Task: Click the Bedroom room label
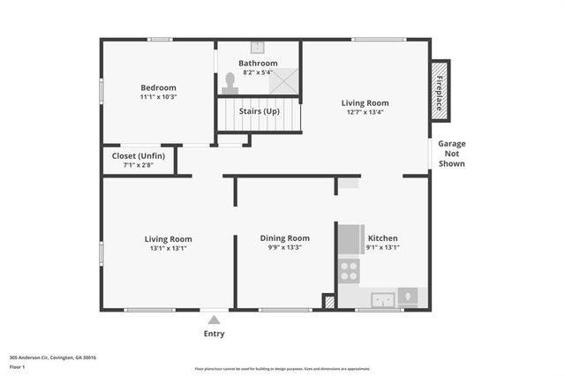pyautogui.click(x=159, y=87)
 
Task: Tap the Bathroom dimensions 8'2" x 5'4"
pyautogui.click(x=258, y=73)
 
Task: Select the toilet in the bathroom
pyautogui.click(x=230, y=82)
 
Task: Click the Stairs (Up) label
pyautogui.click(x=259, y=111)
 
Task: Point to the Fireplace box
pyautogui.click(x=439, y=90)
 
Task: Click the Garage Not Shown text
pyautogui.click(x=451, y=154)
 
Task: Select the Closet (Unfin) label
pyautogui.click(x=138, y=155)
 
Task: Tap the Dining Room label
pyautogui.click(x=284, y=238)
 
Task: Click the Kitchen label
pyautogui.click(x=382, y=238)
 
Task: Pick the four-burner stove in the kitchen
pyautogui.click(x=350, y=271)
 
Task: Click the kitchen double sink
pyautogui.click(x=382, y=298)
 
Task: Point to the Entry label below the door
pyautogui.click(x=214, y=334)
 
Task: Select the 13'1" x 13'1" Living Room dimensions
pyautogui.click(x=168, y=249)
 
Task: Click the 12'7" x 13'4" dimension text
pyautogui.click(x=365, y=113)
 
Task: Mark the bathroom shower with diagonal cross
pyautogui.click(x=284, y=82)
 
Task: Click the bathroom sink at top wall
pyautogui.click(x=258, y=48)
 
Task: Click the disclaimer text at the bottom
pyautogui.click(x=282, y=369)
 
